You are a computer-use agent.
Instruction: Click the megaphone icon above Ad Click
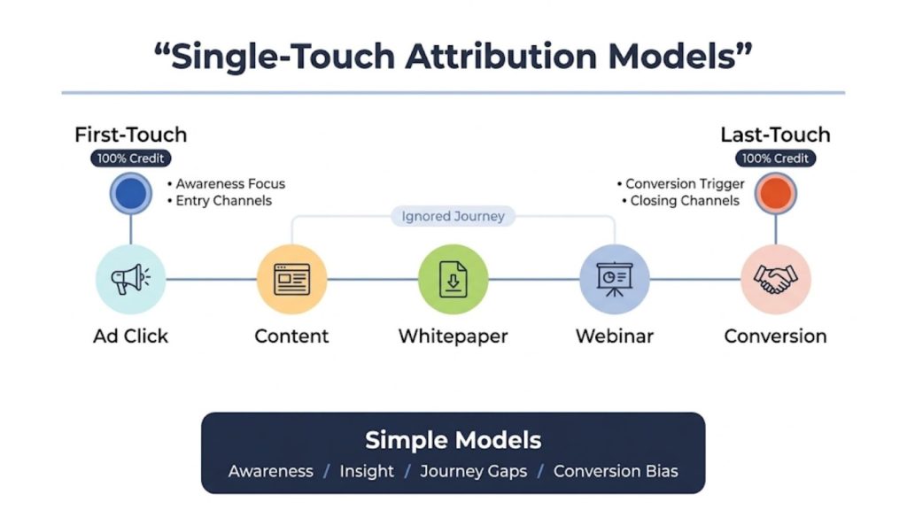[130, 280]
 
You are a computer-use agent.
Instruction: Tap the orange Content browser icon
[291, 280]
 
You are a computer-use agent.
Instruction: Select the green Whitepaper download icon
[453, 280]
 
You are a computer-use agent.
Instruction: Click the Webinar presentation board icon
[614, 280]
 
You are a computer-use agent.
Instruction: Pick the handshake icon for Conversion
[775, 280]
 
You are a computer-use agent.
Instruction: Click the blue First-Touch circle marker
[130, 194]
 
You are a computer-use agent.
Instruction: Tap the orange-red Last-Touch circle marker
[775, 194]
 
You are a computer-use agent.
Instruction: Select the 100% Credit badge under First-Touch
[130, 158]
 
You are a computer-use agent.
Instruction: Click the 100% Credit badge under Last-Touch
[775, 158]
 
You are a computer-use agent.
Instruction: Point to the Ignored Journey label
[453, 216]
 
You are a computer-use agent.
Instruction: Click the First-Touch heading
[130, 135]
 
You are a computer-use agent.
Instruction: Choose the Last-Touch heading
[775, 135]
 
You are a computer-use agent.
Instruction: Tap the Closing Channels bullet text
[685, 201]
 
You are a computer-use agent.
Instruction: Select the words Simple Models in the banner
[453, 440]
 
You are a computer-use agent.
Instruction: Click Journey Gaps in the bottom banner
[473, 471]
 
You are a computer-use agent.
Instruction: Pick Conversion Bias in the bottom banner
[616, 471]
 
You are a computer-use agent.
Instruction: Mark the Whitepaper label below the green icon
[453, 336]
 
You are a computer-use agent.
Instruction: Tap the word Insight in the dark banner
[367, 471]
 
